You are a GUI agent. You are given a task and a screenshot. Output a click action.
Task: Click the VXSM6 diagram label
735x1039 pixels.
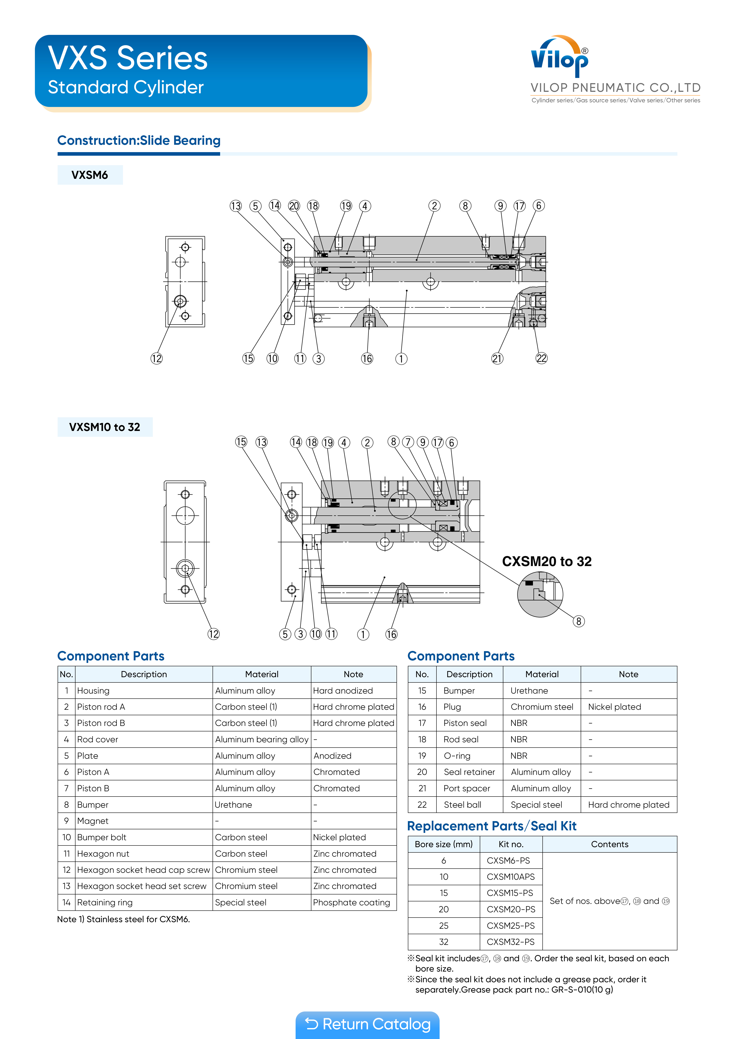click(x=90, y=175)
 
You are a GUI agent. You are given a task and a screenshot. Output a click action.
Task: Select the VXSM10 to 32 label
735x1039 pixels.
click(x=105, y=427)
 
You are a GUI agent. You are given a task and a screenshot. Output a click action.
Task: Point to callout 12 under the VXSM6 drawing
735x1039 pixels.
click(x=156, y=358)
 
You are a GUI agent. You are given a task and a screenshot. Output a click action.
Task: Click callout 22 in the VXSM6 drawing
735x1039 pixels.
click(x=542, y=358)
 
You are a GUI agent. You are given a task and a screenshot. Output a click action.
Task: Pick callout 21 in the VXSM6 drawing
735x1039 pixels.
click(x=497, y=358)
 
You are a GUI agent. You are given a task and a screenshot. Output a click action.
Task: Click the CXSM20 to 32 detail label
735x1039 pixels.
click(x=547, y=562)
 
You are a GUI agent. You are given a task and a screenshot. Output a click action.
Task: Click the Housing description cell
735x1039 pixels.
click(x=93, y=691)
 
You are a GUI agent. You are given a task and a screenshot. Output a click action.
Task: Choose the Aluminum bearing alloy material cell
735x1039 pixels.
click(x=262, y=739)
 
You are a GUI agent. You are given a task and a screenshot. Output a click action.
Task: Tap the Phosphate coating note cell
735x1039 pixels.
click(x=352, y=902)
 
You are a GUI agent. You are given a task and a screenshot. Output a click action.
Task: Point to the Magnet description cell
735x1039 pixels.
click(x=93, y=821)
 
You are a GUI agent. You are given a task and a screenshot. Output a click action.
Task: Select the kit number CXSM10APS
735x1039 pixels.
click(x=511, y=877)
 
